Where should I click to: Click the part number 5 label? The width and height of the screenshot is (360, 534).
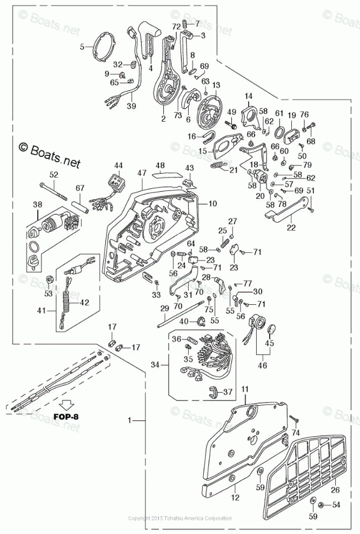[x=82, y=47]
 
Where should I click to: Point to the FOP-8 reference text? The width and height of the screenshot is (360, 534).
[x=68, y=417]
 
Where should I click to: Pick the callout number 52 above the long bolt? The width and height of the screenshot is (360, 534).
[x=54, y=175]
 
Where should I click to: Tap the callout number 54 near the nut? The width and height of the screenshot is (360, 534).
[x=336, y=505]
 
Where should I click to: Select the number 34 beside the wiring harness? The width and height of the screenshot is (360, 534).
[x=155, y=365]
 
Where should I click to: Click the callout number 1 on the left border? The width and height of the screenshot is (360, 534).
[x=129, y=420]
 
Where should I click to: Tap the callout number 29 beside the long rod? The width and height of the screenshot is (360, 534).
[x=165, y=308]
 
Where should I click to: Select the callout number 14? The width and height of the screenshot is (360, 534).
[x=249, y=97]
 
